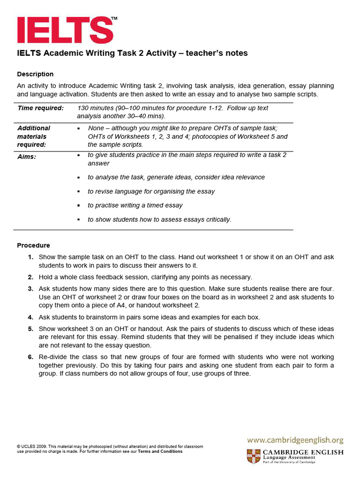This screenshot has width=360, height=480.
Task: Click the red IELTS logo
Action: (65, 30)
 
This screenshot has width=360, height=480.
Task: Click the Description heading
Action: (35, 74)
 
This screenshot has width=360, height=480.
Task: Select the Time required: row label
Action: (40, 108)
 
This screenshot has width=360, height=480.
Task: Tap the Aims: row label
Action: (27, 157)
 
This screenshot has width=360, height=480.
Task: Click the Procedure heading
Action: (33, 245)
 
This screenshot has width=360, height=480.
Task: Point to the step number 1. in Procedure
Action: (30, 257)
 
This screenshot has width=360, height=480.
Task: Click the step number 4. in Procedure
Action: (30, 317)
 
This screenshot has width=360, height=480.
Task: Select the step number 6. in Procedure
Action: (30, 357)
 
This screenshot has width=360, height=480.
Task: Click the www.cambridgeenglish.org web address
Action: (295, 440)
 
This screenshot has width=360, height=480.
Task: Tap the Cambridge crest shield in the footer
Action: (254, 456)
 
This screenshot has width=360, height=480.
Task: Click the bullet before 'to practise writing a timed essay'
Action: (79, 205)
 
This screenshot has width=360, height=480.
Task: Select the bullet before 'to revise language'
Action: (79, 191)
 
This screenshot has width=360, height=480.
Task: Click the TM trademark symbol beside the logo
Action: (114, 18)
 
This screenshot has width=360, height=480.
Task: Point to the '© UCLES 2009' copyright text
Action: (31, 447)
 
